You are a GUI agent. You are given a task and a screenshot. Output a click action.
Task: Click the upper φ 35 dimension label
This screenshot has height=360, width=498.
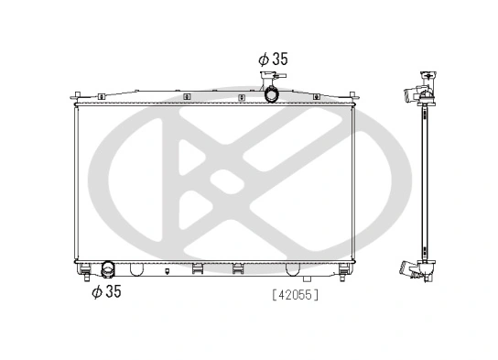[273, 59]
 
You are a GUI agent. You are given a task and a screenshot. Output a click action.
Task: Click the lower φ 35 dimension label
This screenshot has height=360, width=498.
[106, 292]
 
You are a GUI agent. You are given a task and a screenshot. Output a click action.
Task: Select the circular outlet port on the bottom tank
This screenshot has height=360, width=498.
[107, 269]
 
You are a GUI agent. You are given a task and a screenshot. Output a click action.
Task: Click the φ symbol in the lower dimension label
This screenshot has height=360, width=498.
[96, 292]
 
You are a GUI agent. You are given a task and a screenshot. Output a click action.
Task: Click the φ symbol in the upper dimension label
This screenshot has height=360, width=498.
[263, 59]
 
